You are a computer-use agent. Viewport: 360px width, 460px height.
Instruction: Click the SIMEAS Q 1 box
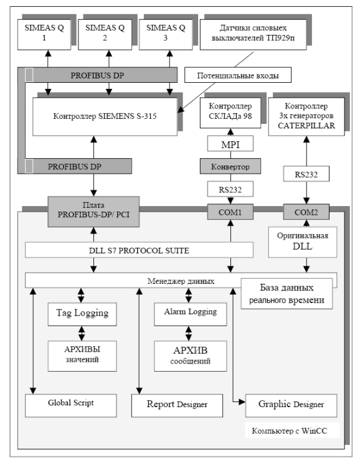coord(44,35)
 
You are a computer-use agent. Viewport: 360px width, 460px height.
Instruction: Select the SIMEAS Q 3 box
coord(166,35)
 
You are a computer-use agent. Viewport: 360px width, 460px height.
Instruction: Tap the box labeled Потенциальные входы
coord(238,75)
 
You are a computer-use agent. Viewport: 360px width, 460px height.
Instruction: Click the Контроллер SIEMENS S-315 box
coord(105,116)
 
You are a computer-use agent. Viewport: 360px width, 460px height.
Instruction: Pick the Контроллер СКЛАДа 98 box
coord(230,113)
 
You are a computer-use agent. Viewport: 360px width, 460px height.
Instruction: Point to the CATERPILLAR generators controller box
coord(306,116)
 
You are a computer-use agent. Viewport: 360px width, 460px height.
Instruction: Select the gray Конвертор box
coord(230,166)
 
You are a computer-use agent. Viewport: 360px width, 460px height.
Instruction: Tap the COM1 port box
coord(230,212)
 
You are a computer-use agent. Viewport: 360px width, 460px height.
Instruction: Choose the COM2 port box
coord(306,212)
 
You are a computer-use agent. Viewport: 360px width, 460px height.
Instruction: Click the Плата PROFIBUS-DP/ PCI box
coord(93,212)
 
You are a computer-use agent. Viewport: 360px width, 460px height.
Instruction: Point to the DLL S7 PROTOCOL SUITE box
coord(139,250)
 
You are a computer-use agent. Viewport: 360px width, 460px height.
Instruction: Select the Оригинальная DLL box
coord(303,242)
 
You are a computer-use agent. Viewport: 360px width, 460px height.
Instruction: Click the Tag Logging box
coord(82,314)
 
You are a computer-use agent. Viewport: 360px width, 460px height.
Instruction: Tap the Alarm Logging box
coord(191,314)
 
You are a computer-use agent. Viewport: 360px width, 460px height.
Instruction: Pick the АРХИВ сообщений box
coord(191,356)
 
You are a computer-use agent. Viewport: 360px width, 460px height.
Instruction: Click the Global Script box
coord(71,405)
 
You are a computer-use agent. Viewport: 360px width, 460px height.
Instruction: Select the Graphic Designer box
coord(291,405)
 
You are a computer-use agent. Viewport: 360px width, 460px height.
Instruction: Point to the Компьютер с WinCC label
coord(290,431)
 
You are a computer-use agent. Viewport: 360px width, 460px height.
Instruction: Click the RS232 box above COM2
coord(306,174)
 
